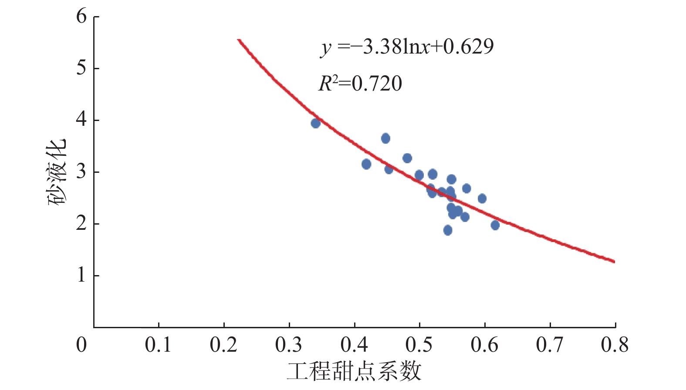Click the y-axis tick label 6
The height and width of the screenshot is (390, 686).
click(x=81, y=17)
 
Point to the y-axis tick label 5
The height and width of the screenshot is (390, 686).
click(x=81, y=68)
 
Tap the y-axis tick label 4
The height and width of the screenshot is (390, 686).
click(x=81, y=120)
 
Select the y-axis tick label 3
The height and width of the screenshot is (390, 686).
click(x=81, y=172)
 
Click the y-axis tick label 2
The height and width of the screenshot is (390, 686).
click(x=81, y=224)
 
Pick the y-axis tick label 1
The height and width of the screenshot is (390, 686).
click(x=81, y=276)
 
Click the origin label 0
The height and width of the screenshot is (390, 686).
click(x=81, y=345)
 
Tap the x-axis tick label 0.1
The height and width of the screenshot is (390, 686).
click(x=158, y=345)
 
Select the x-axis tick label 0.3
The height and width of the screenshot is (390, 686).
click(x=289, y=345)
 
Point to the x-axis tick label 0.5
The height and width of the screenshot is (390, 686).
click(x=419, y=345)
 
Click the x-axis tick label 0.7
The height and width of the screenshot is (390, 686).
click(x=550, y=345)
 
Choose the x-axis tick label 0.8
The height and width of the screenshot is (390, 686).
click(x=615, y=345)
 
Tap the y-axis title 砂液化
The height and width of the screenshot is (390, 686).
click(x=57, y=172)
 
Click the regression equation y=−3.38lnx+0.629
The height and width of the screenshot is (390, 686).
click(x=407, y=47)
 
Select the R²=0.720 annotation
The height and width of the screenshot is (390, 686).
click(x=360, y=84)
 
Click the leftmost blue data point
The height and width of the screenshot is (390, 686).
click(x=316, y=123)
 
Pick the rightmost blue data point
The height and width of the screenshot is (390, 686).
click(x=495, y=225)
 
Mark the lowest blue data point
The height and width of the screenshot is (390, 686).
click(x=448, y=230)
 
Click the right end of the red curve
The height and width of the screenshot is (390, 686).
click(x=614, y=262)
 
